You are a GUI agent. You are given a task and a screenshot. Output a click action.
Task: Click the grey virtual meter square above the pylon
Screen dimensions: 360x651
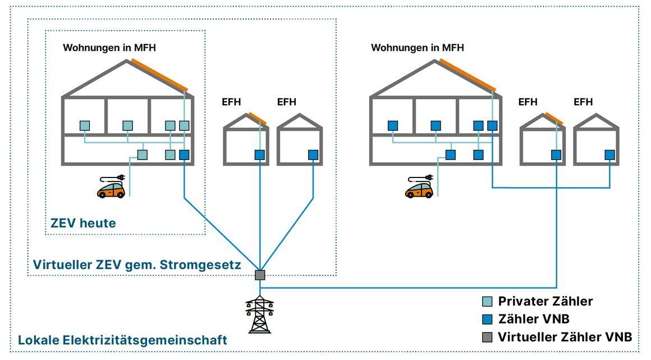pyautogui.click(x=260, y=275)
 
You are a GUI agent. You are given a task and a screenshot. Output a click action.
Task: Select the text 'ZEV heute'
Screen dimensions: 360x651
pyautogui.click(x=83, y=223)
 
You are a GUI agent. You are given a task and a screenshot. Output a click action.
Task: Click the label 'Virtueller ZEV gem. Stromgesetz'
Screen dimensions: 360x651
pyautogui.click(x=137, y=265)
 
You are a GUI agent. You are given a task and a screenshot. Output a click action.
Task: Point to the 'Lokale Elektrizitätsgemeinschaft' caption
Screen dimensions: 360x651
pyautogui.click(x=122, y=340)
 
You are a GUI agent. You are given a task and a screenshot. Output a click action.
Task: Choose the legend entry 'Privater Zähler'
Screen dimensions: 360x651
pyautogui.click(x=545, y=301)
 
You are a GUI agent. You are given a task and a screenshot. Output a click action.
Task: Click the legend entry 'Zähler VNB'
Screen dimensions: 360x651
pyautogui.click(x=533, y=319)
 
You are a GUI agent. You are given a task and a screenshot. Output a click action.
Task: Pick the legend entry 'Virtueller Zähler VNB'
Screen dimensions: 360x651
pyautogui.click(x=565, y=337)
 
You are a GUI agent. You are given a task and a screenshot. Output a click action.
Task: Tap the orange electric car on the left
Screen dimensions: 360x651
pyautogui.click(x=111, y=189)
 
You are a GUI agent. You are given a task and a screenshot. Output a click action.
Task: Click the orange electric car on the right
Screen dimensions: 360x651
pyautogui.click(x=419, y=189)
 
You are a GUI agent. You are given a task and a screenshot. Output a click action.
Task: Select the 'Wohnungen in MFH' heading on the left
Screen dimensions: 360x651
pyautogui.click(x=109, y=48)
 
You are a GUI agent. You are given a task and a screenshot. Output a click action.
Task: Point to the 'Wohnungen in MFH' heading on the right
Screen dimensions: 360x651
pyautogui.click(x=418, y=48)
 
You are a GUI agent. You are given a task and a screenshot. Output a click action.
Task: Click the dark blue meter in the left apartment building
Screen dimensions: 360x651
pyautogui.click(x=184, y=154)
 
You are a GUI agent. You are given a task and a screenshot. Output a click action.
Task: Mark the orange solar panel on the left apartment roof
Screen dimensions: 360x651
pyautogui.click(x=160, y=74)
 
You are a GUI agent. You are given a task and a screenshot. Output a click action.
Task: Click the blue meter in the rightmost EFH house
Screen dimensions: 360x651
pyautogui.click(x=609, y=154)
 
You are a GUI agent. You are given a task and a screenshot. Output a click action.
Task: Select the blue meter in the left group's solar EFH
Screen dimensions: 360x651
pyautogui.click(x=260, y=154)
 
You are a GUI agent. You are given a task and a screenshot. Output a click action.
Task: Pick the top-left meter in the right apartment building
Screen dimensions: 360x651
pyautogui.click(x=393, y=126)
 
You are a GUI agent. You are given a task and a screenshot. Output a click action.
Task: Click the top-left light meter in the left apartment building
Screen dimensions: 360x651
pyautogui.click(x=85, y=126)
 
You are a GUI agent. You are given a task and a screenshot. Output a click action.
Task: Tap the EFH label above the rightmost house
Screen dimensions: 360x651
pyautogui.click(x=583, y=102)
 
